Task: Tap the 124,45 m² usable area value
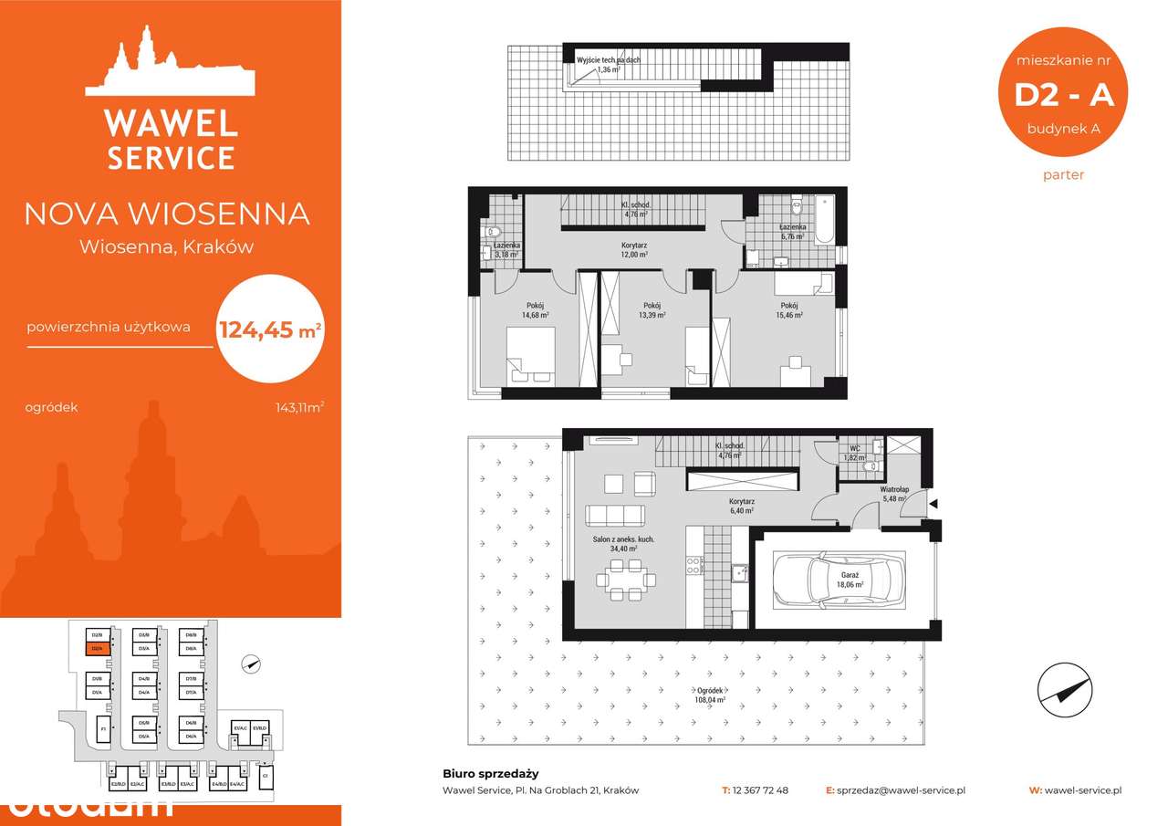click(x=270, y=328)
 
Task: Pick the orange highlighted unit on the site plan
click(x=96, y=648)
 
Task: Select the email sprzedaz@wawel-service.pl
click(x=901, y=790)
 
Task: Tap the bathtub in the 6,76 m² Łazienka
click(x=824, y=220)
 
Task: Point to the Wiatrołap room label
click(x=892, y=494)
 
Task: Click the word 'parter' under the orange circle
click(x=1063, y=174)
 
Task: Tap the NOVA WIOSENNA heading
click(x=166, y=214)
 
